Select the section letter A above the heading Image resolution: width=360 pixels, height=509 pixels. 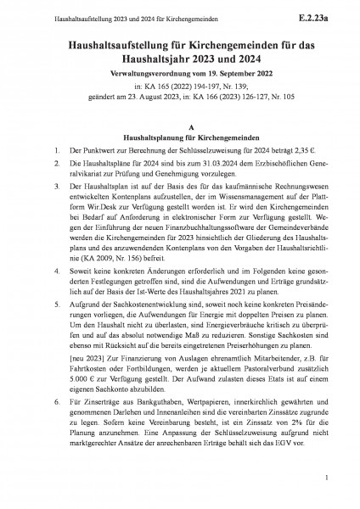point(180,121)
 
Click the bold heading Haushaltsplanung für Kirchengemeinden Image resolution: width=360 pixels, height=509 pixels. point(180,133)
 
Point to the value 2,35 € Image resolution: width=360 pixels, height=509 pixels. point(293,147)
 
